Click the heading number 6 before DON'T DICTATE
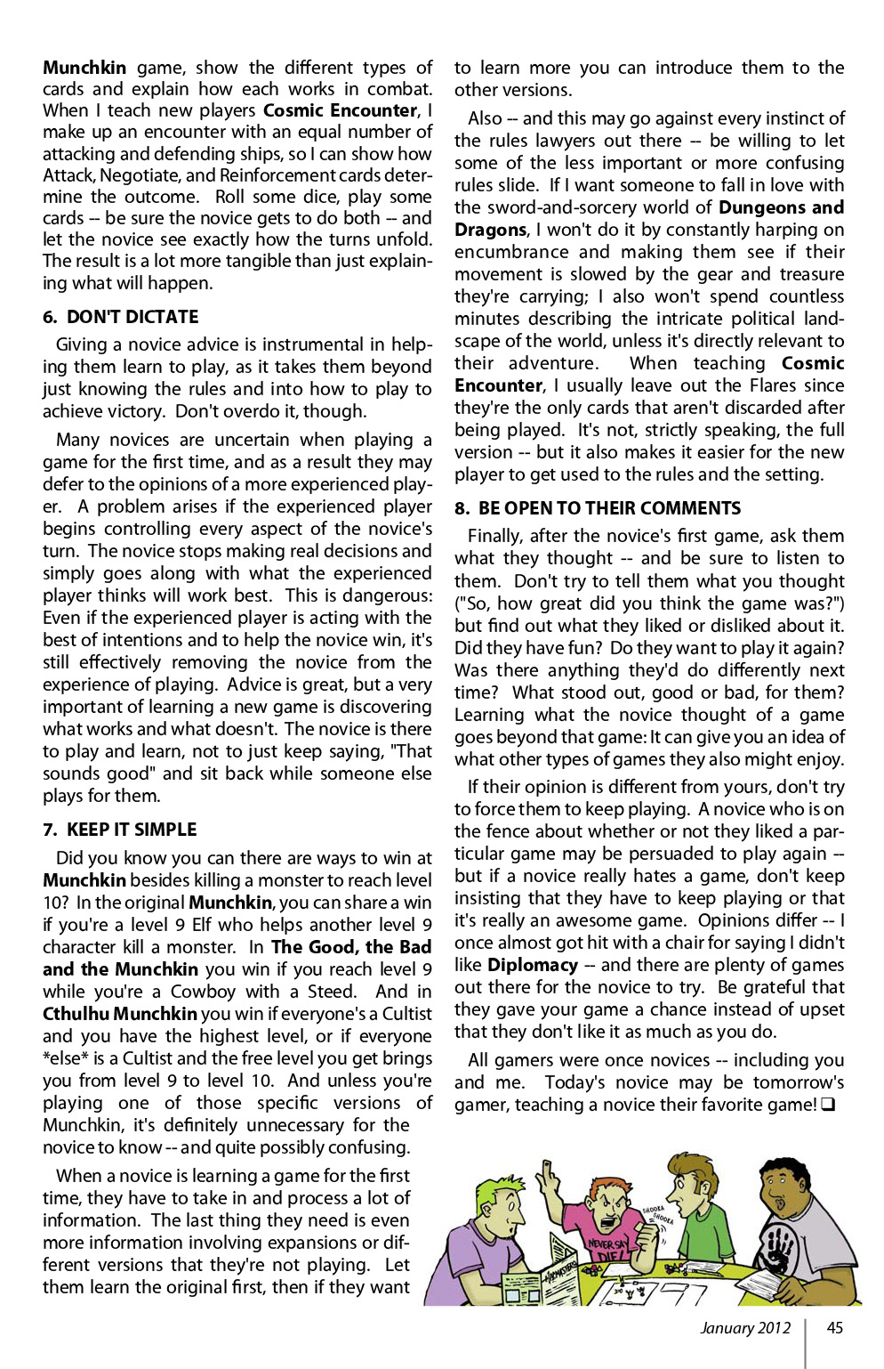(49, 318)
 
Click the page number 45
(834, 1328)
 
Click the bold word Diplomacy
(532, 966)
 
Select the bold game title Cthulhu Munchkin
(120, 1014)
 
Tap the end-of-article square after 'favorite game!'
(828, 1106)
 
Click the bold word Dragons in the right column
(490, 230)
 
